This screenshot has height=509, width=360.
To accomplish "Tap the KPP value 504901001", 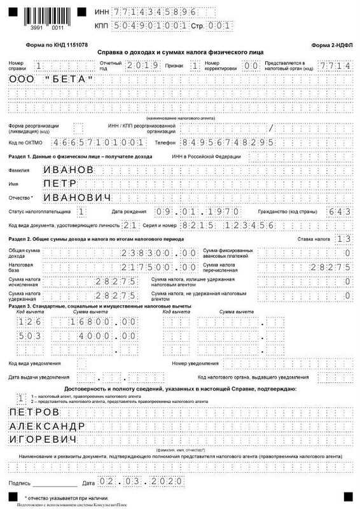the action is click(150, 25).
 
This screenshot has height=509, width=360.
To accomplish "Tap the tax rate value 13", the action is click(343, 239).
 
